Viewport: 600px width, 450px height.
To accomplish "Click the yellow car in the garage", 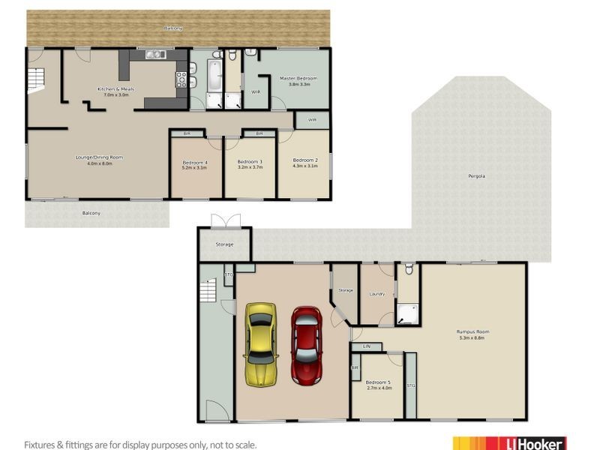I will (x=260, y=344).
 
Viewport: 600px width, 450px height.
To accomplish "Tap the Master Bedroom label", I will (x=298, y=78).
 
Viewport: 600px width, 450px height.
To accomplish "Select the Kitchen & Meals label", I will (x=113, y=89).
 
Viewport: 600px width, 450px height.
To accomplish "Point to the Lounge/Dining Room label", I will (x=99, y=157).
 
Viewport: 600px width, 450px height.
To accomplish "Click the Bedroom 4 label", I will (x=195, y=162).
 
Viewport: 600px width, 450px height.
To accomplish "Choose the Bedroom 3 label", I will (x=250, y=162).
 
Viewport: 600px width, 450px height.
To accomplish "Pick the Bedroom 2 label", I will (x=305, y=160).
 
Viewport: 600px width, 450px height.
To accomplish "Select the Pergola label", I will (x=476, y=176).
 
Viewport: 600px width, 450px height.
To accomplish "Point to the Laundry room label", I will (x=376, y=293).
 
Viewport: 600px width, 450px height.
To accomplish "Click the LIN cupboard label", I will (x=367, y=346).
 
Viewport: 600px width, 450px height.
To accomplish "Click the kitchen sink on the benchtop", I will (x=155, y=54).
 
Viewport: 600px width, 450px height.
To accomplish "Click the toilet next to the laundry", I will (x=408, y=269).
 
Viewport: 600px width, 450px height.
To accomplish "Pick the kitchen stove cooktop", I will (x=181, y=78).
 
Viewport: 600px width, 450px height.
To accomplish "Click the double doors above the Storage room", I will (x=224, y=222).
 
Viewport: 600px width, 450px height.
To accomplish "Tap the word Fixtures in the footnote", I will (x=42, y=444).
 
